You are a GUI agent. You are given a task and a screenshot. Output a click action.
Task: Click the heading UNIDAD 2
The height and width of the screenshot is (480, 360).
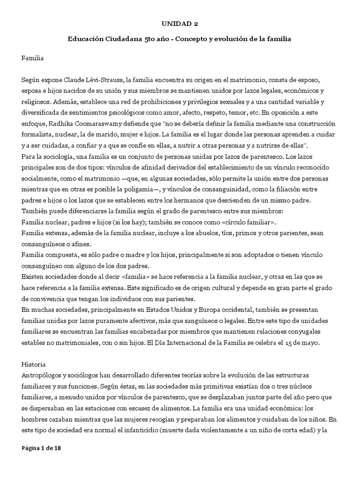coord(180,23)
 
